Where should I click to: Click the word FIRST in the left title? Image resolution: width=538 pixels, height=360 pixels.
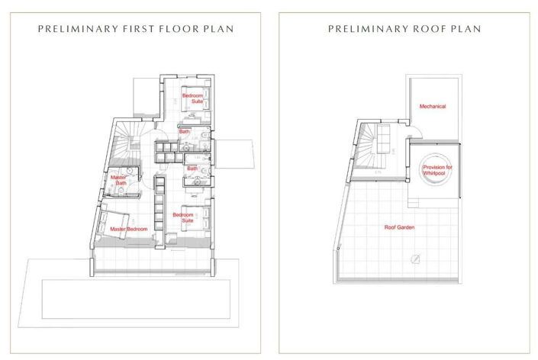pyautogui.click(x=142, y=29)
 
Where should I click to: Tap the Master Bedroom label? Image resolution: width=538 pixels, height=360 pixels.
pyautogui.click(x=129, y=229)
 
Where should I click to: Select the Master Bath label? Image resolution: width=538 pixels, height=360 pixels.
pyautogui.click(x=118, y=180)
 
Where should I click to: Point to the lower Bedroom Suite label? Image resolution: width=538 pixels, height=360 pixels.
pyautogui.click(x=182, y=218)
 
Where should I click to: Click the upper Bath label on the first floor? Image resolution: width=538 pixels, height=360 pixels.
pyautogui.click(x=185, y=132)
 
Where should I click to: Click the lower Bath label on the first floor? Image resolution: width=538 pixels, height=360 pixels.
pyautogui.click(x=192, y=168)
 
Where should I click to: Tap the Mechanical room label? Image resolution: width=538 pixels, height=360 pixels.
pyautogui.click(x=432, y=107)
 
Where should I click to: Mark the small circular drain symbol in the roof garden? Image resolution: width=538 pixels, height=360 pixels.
pyautogui.click(x=416, y=258)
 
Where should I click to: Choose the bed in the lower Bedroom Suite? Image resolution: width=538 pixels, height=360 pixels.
pyautogui.click(x=195, y=219)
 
